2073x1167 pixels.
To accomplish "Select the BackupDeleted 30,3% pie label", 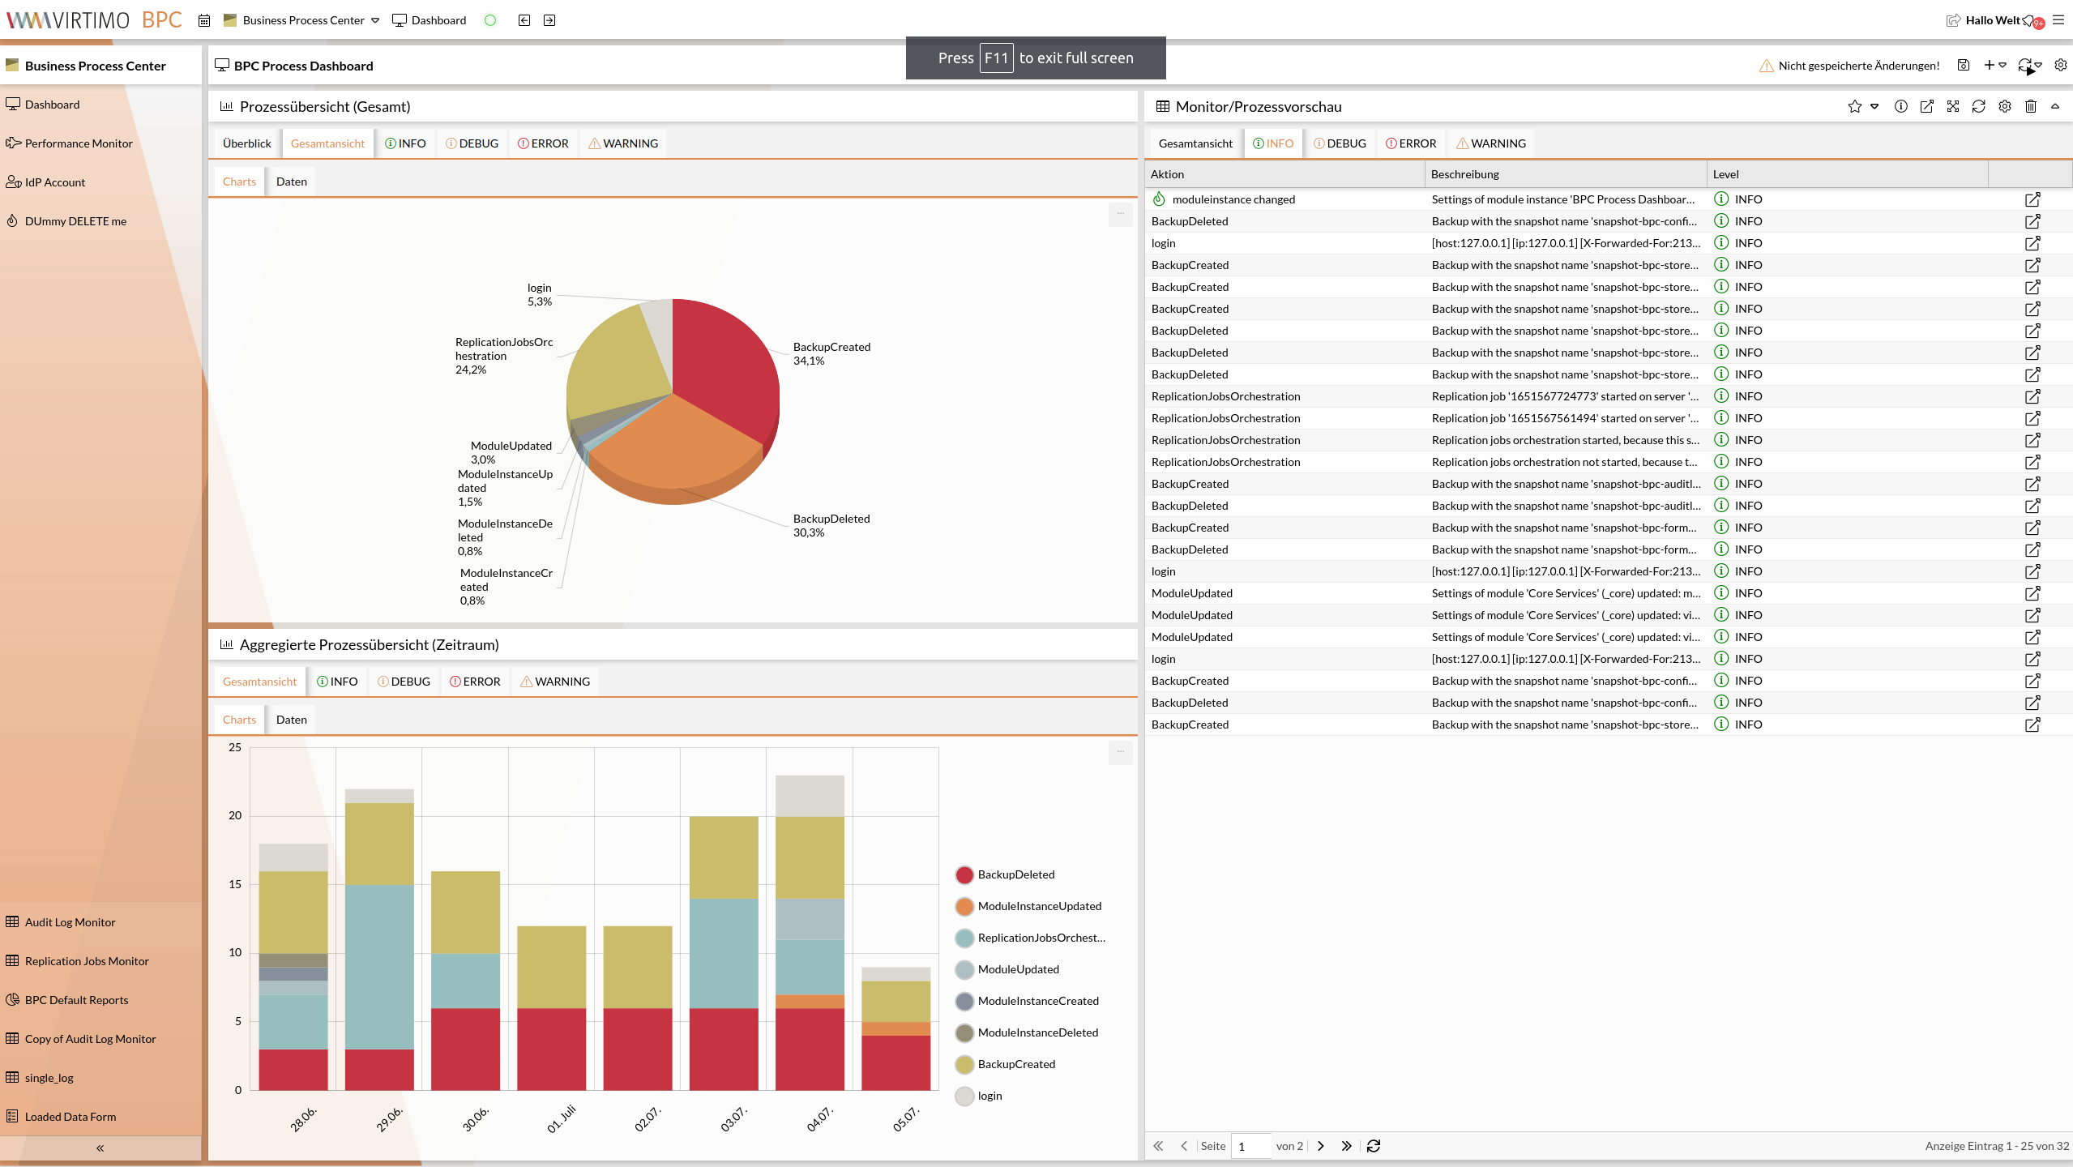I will (x=831, y=525).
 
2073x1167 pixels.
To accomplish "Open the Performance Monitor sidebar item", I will (x=79, y=143).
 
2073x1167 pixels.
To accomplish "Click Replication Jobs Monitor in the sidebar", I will (x=87, y=961).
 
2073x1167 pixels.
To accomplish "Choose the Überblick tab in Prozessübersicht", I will (x=246, y=143).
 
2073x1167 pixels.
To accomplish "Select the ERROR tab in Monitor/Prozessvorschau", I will (x=1411, y=143).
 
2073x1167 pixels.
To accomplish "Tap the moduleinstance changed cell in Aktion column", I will (x=1233, y=199).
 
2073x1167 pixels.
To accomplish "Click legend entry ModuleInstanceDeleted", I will (x=1037, y=1032).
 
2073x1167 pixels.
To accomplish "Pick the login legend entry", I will (x=989, y=1096).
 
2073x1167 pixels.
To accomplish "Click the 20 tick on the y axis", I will (x=235, y=815).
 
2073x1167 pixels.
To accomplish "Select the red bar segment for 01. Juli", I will (x=551, y=1049).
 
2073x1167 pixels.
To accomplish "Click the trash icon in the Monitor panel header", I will (x=2030, y=106).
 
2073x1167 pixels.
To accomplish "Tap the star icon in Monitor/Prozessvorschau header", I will (x=1854, y=106).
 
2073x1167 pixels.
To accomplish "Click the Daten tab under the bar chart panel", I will (x=291, y=720).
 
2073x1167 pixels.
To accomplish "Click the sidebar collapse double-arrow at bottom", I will (x=100, y=1148).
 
